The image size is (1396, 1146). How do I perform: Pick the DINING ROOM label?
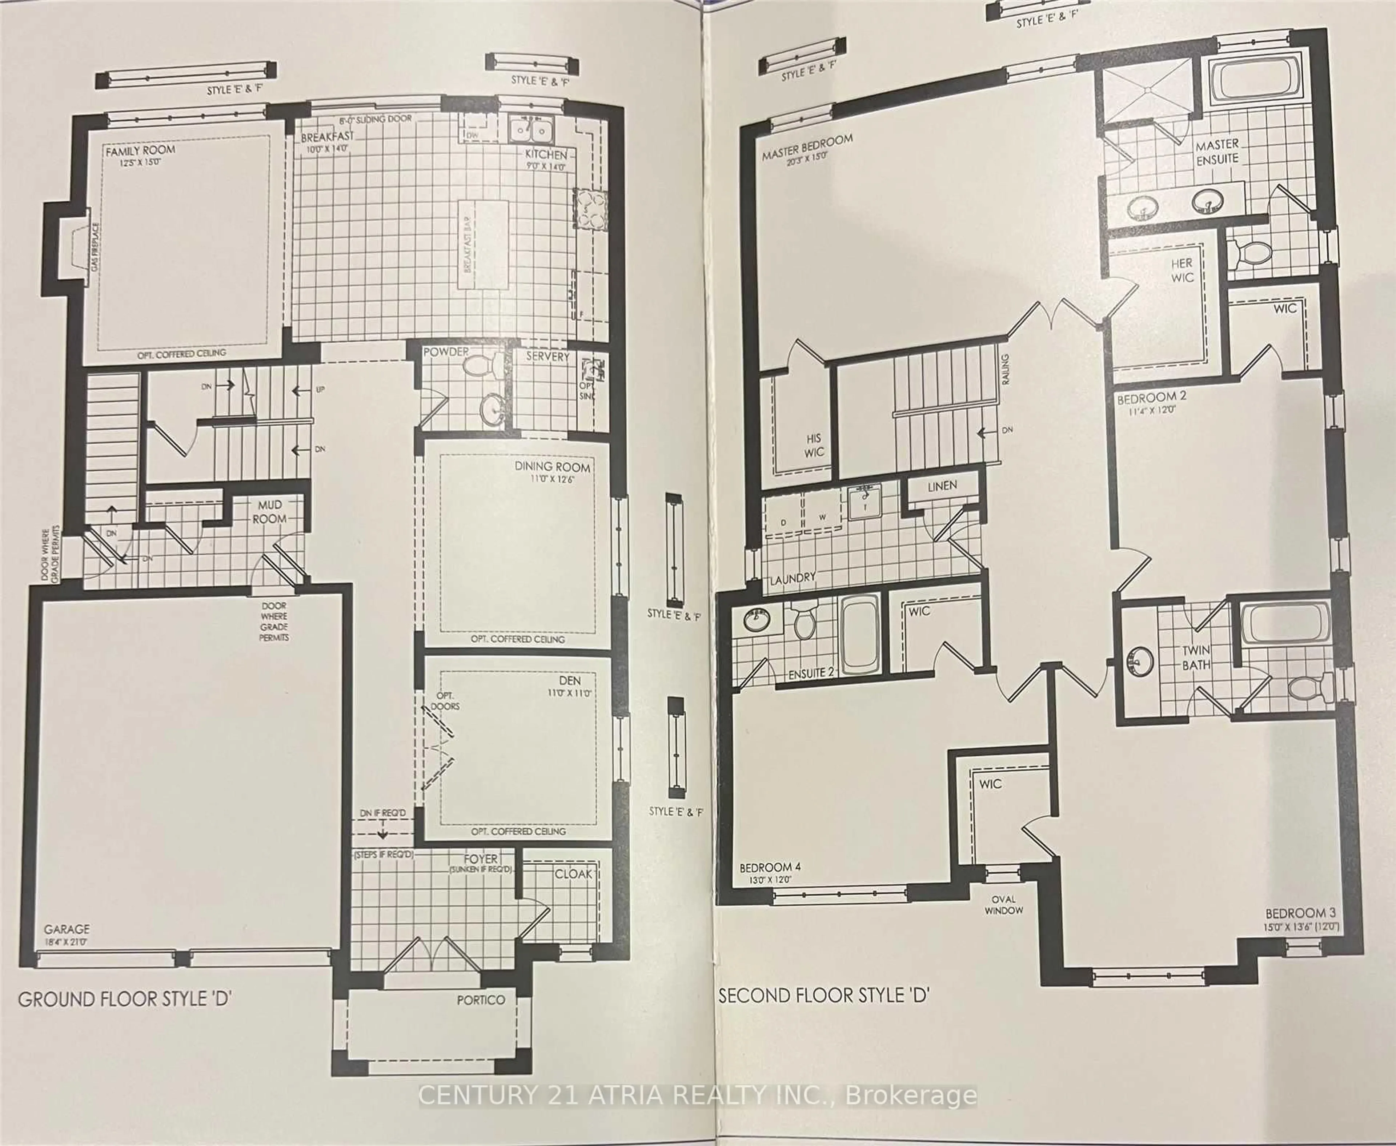coord(552,467)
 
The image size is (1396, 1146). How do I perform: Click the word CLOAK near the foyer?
coord(573,873)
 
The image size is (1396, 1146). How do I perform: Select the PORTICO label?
coord(481,1000)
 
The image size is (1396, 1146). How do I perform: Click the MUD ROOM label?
coord(269,512)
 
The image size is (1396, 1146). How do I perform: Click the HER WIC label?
coord(1182,270)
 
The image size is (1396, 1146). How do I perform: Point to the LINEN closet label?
coord(942,486)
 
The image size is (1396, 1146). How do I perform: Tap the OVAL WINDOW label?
coord(1003,904)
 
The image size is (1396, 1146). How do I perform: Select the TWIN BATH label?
coord(1196,658)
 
